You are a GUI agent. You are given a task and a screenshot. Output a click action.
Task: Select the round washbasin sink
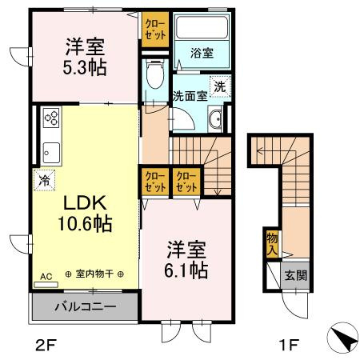point(215,122)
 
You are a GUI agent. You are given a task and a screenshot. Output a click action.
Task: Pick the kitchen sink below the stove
point(52,150)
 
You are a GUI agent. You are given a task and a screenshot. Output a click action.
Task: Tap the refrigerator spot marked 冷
point(42,180)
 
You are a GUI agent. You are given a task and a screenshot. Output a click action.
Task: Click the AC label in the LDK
point(46,276)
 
